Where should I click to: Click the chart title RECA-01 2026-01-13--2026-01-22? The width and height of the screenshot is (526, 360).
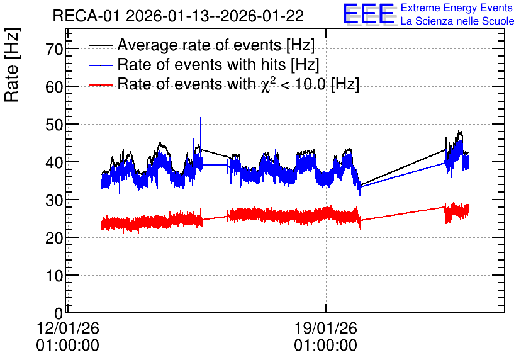(178, 16)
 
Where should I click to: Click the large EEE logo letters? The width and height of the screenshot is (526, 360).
(369, 14)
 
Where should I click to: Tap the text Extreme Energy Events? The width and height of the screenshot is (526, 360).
(457, 8)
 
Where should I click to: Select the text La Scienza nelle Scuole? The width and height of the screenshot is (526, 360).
(457, 21)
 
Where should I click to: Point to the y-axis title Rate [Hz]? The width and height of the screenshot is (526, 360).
(12, 65)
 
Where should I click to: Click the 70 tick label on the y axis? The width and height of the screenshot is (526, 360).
(54, 49)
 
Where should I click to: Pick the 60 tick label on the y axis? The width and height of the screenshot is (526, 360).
(54, 87)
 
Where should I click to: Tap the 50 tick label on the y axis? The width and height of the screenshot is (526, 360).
(54, 125)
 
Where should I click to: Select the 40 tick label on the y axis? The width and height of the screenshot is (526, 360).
(54, 162)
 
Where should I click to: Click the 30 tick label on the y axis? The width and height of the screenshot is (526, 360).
(54, 200)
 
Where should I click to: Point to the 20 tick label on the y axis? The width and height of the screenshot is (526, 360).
(54, 238)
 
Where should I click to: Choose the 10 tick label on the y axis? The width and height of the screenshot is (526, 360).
(54, 276)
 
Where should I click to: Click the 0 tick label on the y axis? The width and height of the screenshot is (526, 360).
(59, 313)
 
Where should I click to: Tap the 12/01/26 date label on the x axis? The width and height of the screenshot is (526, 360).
(68, 328)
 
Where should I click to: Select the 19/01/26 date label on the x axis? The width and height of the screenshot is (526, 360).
(326, 328)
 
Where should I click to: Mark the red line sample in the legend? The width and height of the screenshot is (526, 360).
(100, 85)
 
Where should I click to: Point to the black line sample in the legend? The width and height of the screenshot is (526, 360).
(100, 45)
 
